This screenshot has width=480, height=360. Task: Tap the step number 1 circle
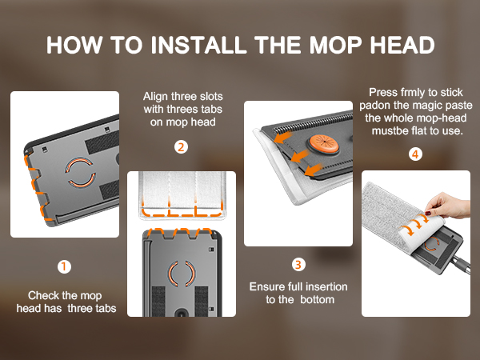64,267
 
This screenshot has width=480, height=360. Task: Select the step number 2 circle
182,147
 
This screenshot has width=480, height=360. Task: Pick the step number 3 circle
298,263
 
